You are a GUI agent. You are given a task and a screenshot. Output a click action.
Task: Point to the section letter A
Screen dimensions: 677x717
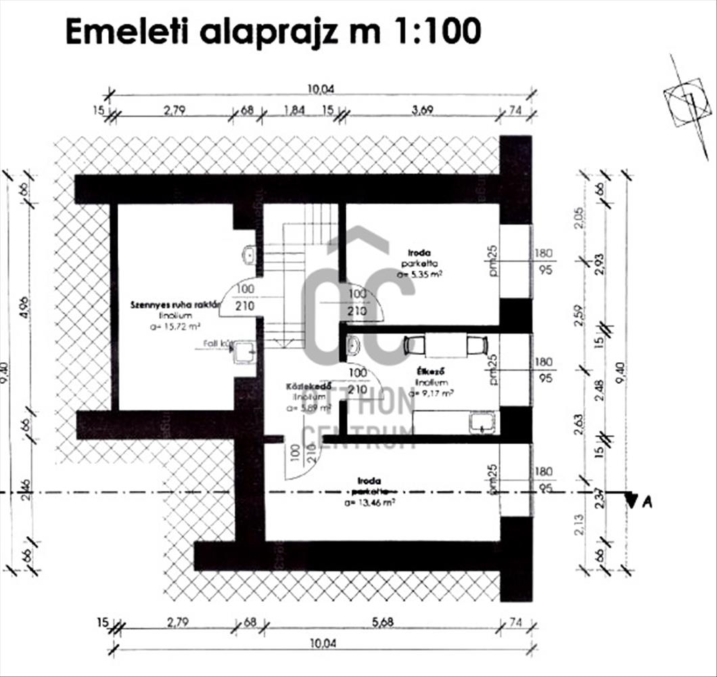coord(647,502)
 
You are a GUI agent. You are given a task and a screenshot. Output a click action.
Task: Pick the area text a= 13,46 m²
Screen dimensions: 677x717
coord(370,503)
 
